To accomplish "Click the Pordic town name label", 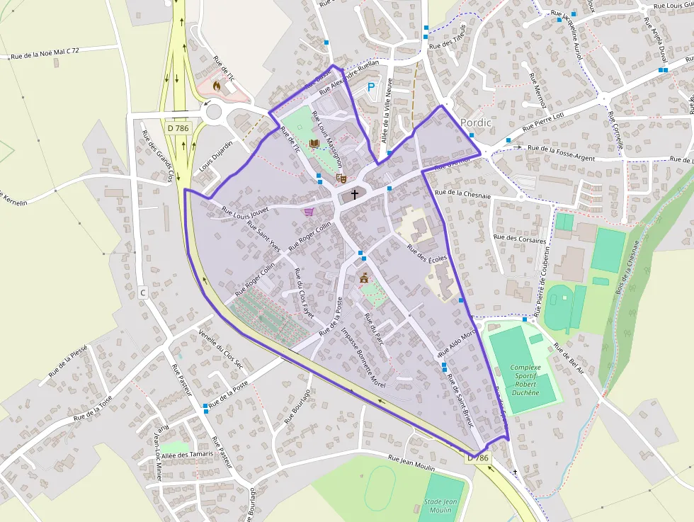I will [475, 122].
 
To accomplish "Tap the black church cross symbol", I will [354, 193].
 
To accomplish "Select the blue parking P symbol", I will [370, 88].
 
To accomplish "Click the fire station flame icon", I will [217, 86].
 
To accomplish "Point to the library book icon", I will [314, 143].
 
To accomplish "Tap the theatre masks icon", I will [341, 178].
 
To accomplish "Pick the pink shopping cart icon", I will [309, 211].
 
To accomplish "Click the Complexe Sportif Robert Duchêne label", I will [525, 380].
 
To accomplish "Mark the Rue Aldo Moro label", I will [457, 344].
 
